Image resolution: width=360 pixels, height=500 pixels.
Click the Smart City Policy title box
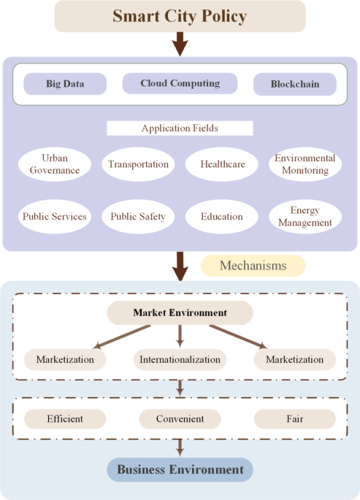[x=180, y=16]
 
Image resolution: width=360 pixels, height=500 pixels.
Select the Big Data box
[x=64, y=84]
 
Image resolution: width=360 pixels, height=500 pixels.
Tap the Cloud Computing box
[x=180, y=83]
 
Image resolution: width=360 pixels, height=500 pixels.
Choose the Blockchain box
[x=296, y=84]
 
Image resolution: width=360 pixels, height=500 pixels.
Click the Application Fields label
[x=180, y=128]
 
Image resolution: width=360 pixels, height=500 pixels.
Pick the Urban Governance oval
[x=55, y=164]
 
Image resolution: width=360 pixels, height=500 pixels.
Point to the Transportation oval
[x=138, y=164]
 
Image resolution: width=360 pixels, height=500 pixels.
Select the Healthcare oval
[x=222, y=164]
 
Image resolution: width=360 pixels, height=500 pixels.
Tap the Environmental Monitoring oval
[x=305, y=164]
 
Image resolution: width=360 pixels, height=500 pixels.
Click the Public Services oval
[x=55, y=216]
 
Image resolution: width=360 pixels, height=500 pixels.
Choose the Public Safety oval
[x=138, y=216]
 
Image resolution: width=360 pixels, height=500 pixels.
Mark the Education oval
[x=222, y=216]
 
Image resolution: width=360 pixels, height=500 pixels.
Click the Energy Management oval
[x=305, y=216]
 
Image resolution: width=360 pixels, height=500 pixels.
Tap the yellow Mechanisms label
[x=253, y=266]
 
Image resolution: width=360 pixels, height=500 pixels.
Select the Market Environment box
[x=180, y=313]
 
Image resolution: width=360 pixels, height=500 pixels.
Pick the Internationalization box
[x=180, y=360]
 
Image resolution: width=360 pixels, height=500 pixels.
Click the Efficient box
[x=65, y=419]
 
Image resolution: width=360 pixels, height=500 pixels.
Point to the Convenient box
[x=180, y=419]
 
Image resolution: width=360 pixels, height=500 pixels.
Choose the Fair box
[x=295, y=419]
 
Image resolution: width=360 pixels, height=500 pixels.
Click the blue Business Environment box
[x=180, y=469]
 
